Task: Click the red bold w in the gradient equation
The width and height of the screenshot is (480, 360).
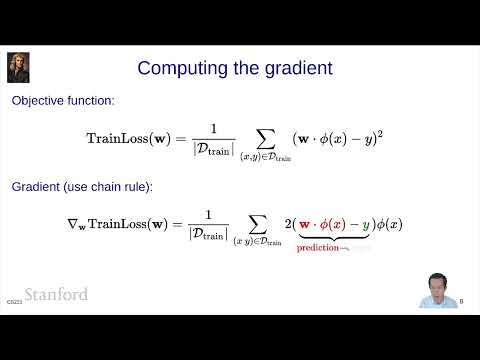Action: click(305, 224)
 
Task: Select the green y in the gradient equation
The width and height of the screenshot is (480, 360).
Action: click(366, 224)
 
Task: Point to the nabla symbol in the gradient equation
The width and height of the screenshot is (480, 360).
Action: click(84, 223)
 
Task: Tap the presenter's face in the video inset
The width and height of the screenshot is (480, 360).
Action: click(437, 283)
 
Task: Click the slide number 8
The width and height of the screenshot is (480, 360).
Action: click(461, 300)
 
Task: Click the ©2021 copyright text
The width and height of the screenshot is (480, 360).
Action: click(13, 300)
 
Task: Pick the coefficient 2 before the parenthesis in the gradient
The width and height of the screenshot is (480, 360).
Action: click(288, 224)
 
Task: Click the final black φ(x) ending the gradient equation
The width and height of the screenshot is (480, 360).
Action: click(388, 224)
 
